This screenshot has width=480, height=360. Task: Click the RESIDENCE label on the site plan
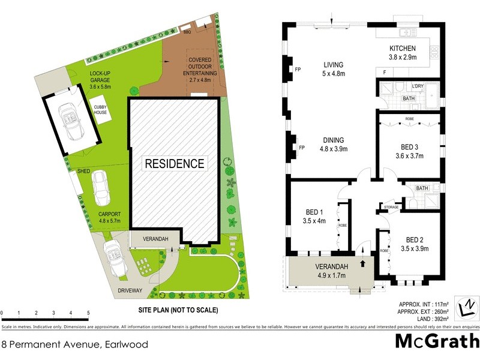pos(174,163)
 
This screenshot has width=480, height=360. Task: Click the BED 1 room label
pos(314,216)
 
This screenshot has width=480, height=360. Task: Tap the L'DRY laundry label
pos(418,86)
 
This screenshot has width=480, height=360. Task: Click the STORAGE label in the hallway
pos(391,207)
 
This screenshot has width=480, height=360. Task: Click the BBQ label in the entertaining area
pos(187,31)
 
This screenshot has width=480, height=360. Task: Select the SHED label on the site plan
pos(83,172)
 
